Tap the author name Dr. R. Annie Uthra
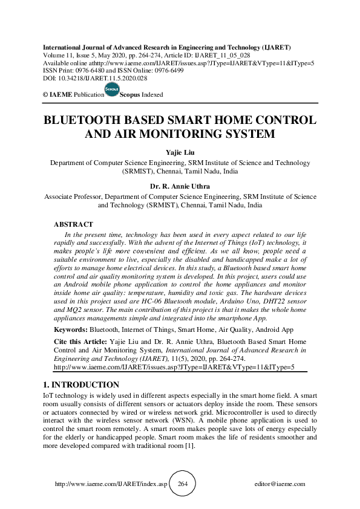coord(180,187)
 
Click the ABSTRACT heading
coord(73,224)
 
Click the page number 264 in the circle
coord(183,484)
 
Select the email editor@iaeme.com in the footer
coord(281,484)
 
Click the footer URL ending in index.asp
coord(110,484)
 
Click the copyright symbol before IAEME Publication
coord(45,95)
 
